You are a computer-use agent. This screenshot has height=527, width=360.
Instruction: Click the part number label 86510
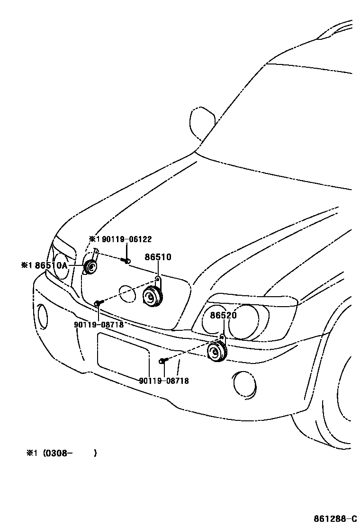click(158, 257)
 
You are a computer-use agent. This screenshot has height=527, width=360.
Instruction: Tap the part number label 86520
click(224, 315)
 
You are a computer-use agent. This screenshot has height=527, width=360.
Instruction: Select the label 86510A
click(52, 266)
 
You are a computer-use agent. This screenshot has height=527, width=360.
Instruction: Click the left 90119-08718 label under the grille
click(99, 325)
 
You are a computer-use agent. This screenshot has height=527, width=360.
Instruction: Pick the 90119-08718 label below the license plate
click(164, 381)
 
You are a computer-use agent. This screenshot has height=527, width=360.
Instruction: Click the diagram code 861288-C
click(334, 518)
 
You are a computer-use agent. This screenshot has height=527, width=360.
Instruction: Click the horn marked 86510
click(153, 297)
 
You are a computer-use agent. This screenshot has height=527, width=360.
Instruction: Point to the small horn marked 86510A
click(90, 267)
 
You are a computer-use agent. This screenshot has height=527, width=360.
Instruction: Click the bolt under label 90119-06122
click(127, 260)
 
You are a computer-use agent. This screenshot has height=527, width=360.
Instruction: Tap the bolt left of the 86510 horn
click(98, 302)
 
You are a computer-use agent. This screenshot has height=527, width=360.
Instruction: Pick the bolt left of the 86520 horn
click(162, 361)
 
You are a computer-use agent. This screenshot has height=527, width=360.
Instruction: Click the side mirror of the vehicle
click(201, 121)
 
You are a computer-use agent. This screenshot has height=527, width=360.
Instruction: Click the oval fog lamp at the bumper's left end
click(43, 317)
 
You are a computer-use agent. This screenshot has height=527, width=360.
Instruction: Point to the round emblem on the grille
click(126, 294)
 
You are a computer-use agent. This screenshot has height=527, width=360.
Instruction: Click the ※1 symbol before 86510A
click(27, 266)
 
